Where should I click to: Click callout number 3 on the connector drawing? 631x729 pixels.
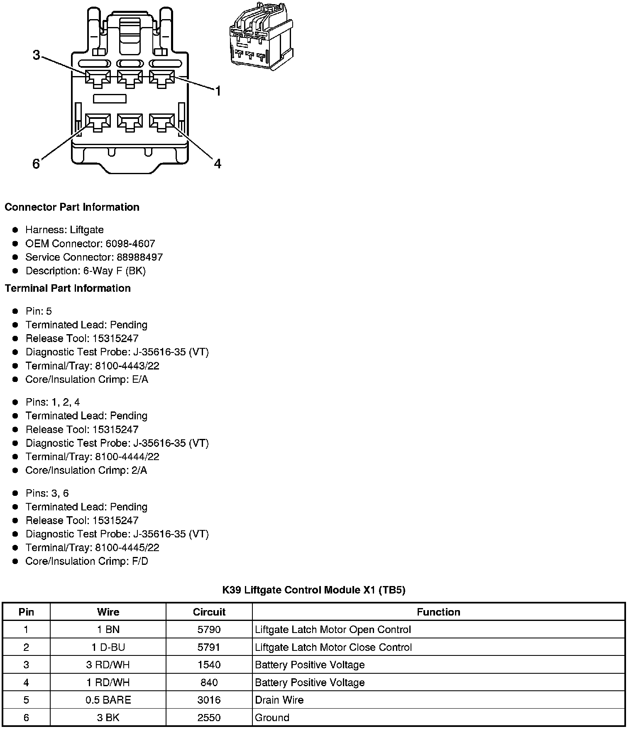[x=37, y=55]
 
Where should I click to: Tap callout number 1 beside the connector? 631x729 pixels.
[x=218, y=91]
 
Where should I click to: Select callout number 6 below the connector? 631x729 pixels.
[x=36, y=164]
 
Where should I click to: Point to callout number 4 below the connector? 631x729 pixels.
[x=218, y=164]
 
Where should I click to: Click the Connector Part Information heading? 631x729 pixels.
[x=72, y=207]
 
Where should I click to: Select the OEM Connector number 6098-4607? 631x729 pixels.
[x=130, y=244]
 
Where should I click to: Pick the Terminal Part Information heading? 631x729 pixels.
[x=68, y=288]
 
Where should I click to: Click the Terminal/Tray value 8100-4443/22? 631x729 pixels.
[x=127, y=366]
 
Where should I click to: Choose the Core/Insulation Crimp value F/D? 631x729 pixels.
[x=140, y=561]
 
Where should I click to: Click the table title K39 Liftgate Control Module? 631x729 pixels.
[x=313, y=590]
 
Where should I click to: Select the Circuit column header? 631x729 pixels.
[x=209, y=612]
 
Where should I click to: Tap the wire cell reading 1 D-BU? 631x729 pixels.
[x=108, y=647]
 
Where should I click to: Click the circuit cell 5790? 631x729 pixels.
[x=209, y=630]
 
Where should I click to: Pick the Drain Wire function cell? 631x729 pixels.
[x=279, y=700]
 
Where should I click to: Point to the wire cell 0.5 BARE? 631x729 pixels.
[x=108, y=700]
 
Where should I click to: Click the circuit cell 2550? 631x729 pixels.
[x=209, y=717]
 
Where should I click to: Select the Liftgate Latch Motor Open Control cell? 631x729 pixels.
[x=333, y=630]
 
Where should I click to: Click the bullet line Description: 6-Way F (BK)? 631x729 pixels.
[x=86, y=271]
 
